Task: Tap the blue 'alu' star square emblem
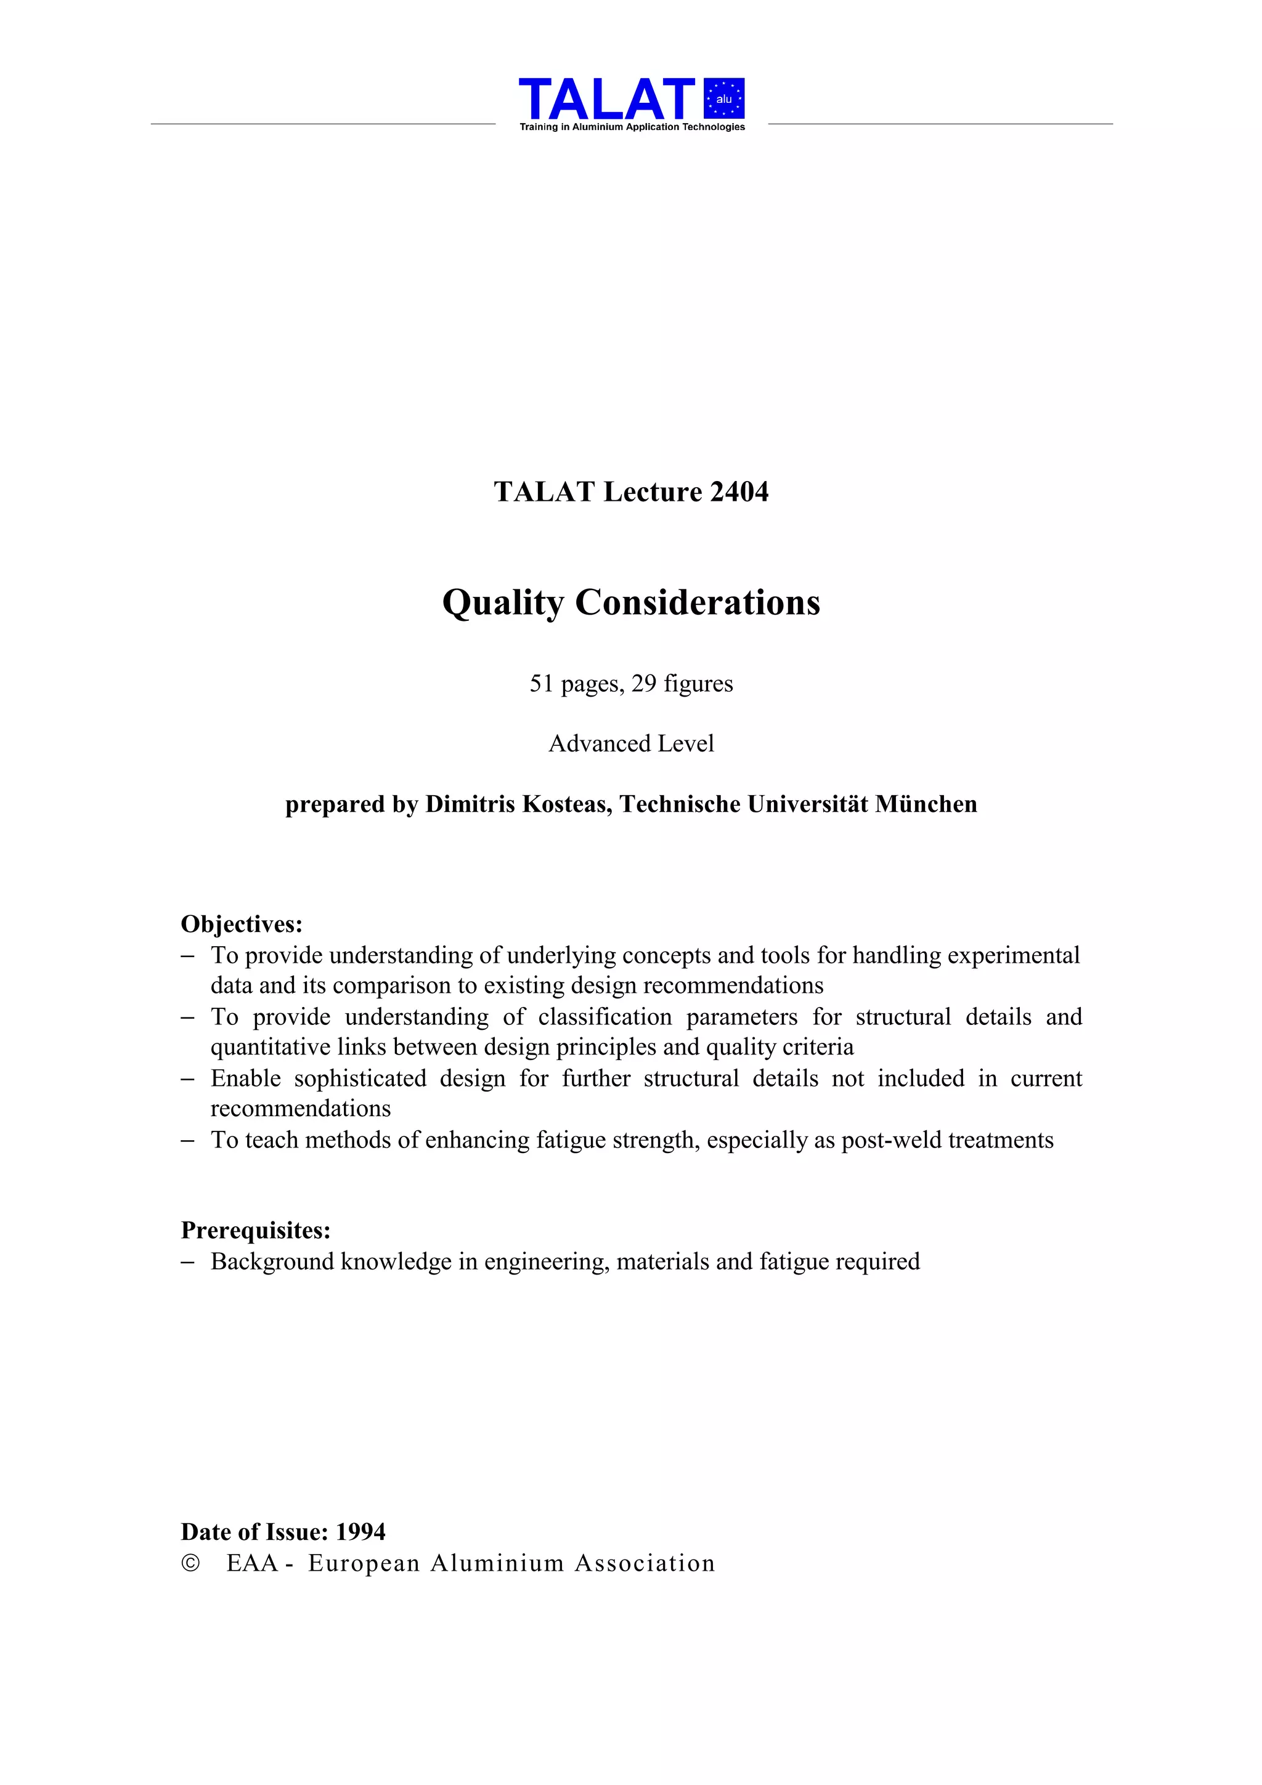point(724,99)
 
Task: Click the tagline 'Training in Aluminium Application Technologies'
point(632,127)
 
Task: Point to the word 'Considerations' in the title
point(698,603)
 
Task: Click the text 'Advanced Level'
point(632,743)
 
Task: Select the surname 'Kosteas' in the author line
point(566,804)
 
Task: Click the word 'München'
point(926,804)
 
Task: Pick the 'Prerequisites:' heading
point(256,1230)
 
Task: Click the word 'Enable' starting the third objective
point(246,1079)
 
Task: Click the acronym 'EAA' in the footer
point(252,1563)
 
